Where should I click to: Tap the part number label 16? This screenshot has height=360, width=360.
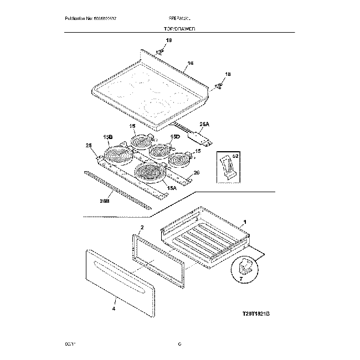click(190, 64)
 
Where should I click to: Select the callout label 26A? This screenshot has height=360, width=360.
click(204, 124)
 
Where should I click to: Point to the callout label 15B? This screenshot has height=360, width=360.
click(107, 136)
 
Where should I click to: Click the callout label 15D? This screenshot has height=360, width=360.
click(175, 136)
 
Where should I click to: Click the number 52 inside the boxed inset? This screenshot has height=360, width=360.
click(235, 157)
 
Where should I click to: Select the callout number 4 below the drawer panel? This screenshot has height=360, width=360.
click(114, 310)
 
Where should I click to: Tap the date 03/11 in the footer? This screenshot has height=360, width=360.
click(70, 344)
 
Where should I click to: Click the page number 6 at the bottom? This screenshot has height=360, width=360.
click(180, 344)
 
